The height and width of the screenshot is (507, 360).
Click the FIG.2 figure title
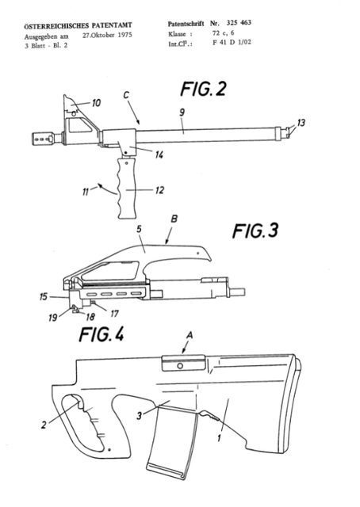click(x=203, y=89)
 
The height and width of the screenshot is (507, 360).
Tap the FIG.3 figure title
click(x=255, y=231)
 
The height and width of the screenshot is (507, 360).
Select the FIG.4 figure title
click(x=101, y=334)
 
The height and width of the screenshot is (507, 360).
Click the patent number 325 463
click(x=239, y=23)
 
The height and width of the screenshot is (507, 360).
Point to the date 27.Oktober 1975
click(x=107, y=35)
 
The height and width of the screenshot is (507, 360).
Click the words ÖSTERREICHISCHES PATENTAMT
click(x=78, y=25)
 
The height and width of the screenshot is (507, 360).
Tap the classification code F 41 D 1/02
click(x=232, y=42)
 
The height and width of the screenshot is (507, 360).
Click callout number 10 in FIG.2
click(x=96, y=103)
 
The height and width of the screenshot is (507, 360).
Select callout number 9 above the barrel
click(x=182, y=112)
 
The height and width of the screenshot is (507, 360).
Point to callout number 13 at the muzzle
click(x=301, y=123)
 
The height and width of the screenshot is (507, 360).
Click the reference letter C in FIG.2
click(x=126, y=95)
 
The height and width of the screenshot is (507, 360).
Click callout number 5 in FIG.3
click(x=139, y=229)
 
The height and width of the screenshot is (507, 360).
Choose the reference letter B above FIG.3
click(x=174, y=219)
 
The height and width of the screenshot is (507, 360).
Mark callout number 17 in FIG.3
click(x=115, y=314)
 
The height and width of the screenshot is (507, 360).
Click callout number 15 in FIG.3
click(x=44, y=296)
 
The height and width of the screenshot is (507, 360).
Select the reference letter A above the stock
click(x=190, y=336)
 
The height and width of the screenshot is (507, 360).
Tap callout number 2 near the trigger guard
click(x=44, y=425)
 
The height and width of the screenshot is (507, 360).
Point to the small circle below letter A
click(x=180, y=366)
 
